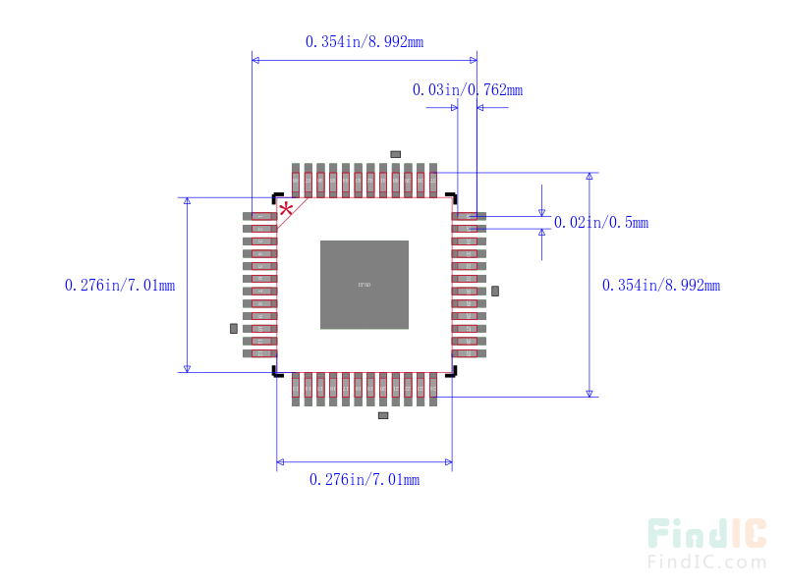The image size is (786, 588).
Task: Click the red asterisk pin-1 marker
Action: click(x=286, y=209)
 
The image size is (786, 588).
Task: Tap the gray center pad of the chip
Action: click(x=364, y=285)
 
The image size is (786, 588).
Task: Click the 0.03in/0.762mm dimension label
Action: click(x=467, y=89)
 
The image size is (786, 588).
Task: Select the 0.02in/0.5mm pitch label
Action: click(x=600, y=223)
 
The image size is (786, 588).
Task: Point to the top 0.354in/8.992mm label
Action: click(x=364, y=41)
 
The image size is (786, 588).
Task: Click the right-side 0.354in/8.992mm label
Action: click(x=660, y=285)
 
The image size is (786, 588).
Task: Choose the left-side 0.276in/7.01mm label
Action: click(x=120, y=285)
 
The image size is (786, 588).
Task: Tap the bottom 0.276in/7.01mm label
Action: click(x=364, y=479)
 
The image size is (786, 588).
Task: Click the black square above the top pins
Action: click(x=395, y=154)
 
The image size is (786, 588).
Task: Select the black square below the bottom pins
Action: click(x=383, y=415)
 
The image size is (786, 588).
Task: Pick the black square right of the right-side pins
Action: click(x=495, y=291)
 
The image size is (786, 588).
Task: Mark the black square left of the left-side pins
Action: click(x=234, y=328)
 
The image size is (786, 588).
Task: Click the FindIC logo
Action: click(x=706, y=534)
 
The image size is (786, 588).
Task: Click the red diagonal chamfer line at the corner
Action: click(x=293, y=213)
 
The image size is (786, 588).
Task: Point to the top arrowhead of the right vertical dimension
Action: click(x=589, y=178)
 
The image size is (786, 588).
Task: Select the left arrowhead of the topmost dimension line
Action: click(x=256, y=60)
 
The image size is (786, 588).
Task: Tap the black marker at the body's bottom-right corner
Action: click(x=450, y=372)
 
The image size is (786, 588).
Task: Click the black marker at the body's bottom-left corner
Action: click(x=278, y=372)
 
